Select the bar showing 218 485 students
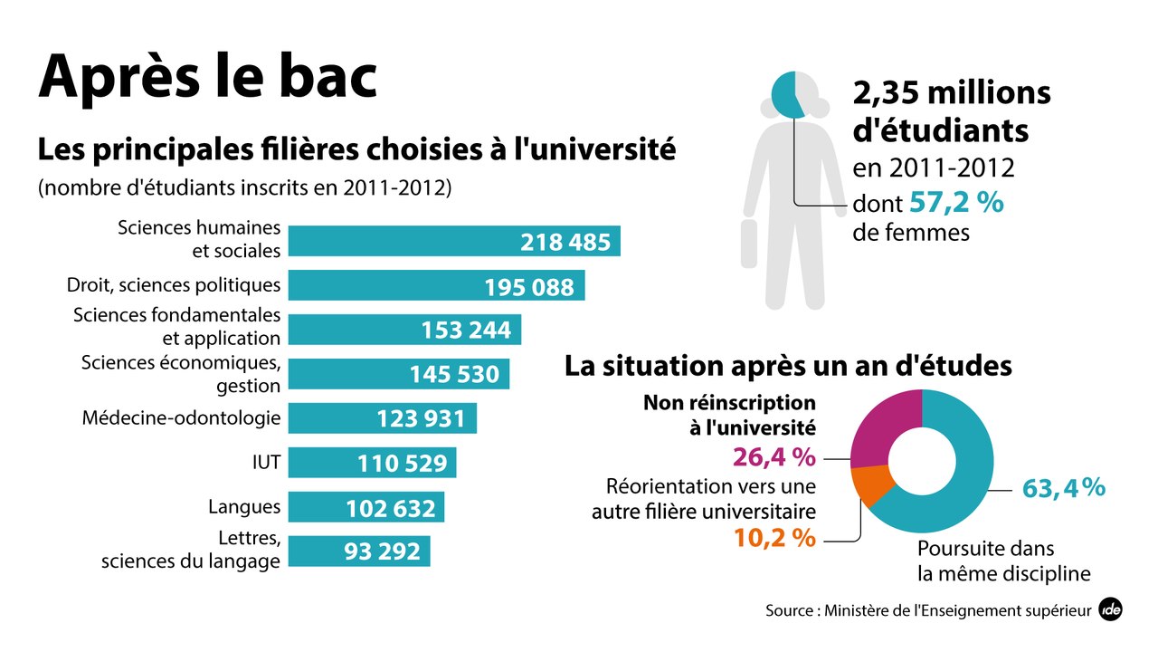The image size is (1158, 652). point(454,241)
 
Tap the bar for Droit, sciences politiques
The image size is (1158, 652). point(436,285)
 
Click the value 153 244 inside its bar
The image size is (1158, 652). point(466,331)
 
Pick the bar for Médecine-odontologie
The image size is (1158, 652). point(382,418)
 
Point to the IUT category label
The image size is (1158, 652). point(266,464)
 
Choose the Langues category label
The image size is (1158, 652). point(244,506)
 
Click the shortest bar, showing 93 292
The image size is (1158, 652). point(359,551)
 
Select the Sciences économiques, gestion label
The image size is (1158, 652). point(181,374)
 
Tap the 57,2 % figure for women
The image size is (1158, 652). point(956,203)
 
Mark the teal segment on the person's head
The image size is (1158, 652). point(786,95)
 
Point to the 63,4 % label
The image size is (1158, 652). point(1063,488)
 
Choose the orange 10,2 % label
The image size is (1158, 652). point(774,538)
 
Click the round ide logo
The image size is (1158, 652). point(1110,610)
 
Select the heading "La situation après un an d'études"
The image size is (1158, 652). point(788,366)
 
